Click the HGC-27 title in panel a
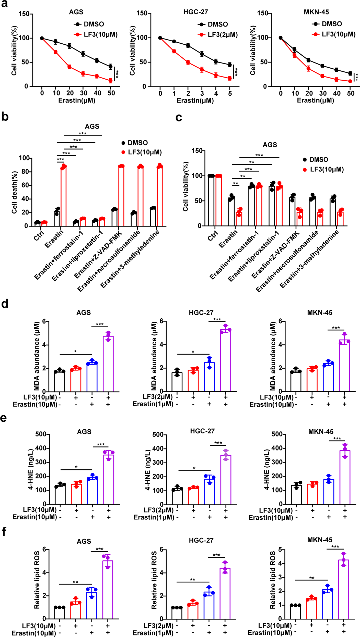195,12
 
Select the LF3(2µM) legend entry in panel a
222,35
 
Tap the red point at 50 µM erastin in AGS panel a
110,81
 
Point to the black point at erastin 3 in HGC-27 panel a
202,54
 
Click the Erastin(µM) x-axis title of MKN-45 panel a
315,101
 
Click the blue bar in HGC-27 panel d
209,377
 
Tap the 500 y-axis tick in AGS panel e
41,434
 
